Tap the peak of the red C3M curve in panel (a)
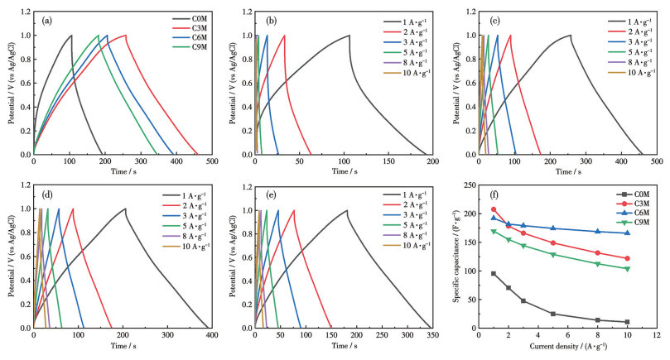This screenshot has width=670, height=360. pyautogui.click(x=126, y=35)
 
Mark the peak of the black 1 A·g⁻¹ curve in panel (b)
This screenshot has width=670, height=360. pyautogui.click(x=349, y=35)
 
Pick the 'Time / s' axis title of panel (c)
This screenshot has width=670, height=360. pyautogui.click(x=565, y=175)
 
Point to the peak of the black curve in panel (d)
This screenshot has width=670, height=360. pyautogui.click(x=125, y=209)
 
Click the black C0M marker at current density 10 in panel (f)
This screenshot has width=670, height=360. pyautogui.click(x=627, y=322)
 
